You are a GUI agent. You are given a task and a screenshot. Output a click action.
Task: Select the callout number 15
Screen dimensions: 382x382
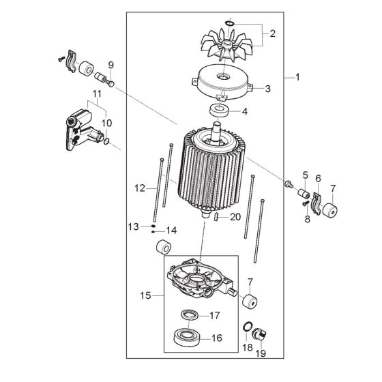[145, 297]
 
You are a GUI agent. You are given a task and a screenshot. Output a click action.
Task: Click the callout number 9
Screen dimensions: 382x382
[111, 65]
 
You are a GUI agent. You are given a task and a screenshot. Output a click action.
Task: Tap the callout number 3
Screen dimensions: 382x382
[268, 89]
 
